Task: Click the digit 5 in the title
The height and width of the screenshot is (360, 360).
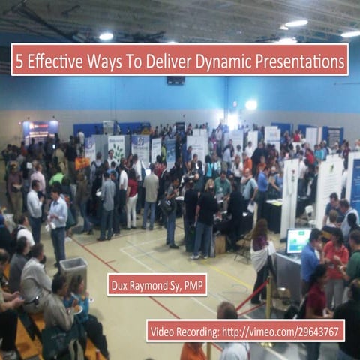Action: (x=21, y=60)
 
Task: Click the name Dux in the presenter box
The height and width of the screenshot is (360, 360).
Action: (x=123, y=284)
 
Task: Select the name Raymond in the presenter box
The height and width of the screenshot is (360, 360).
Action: (x=156, y=284)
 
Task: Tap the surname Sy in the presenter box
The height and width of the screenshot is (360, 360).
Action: (x=182, y=284)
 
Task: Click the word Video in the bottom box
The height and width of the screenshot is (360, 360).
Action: (x=164, y=331)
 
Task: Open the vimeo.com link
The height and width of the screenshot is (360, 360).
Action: (x=288, y=331)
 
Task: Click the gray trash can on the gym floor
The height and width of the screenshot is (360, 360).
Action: (x=73, y=271)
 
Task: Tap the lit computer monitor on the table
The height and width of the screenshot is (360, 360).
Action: (x=298, y=241)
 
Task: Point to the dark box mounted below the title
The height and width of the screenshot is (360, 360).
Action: (x=176, y=80)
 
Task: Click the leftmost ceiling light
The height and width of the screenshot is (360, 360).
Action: (x=106, y=36)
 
